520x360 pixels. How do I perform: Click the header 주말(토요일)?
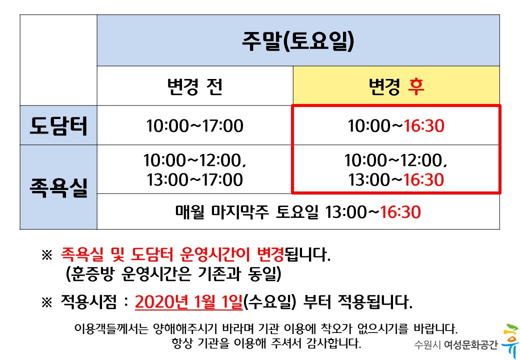click(297, 41)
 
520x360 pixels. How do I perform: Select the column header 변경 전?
click(194, 86)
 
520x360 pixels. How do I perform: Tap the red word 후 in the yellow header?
click(415, 86)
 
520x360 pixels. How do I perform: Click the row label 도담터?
click(58, 126)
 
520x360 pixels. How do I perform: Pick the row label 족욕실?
click(58, 187)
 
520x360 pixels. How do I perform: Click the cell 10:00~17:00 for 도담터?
click(194, 126)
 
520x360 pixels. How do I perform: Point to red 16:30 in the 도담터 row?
click(424, 126)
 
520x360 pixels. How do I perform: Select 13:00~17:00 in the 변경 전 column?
click(194, 179)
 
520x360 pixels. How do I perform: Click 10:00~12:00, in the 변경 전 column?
click(194, 160)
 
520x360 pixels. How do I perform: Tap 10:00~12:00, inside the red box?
click(395, 160)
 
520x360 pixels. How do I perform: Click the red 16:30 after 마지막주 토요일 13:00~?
click(400, 212)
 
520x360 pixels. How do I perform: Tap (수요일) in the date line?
click(270, 302)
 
